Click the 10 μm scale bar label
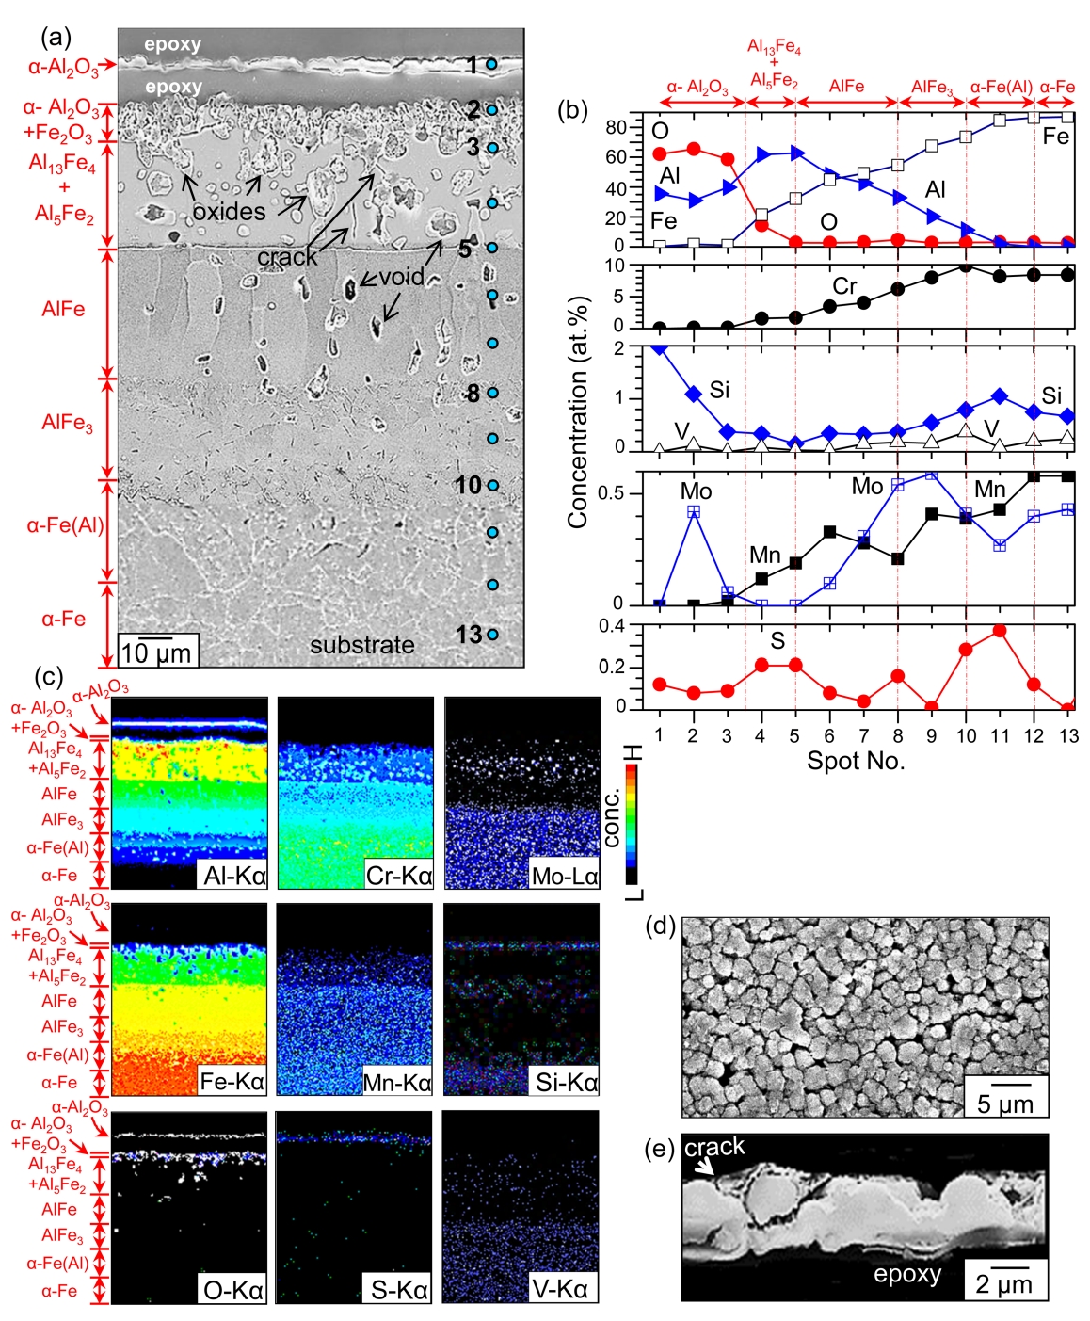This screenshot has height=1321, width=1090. coord(157,652)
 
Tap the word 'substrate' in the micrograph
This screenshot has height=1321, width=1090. coord(362,645)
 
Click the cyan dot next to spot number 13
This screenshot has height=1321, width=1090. coord(492,635)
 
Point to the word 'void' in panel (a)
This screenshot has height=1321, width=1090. coord(401,277)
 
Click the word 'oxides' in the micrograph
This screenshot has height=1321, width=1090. coord(229,212)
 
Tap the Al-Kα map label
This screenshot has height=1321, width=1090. coord(234,876)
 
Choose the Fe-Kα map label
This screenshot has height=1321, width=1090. coord(232,1081)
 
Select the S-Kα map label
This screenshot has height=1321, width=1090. coord(398,1289)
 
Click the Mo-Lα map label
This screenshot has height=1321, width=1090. coord(564,876)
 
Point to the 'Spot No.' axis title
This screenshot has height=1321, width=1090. coord(856,761)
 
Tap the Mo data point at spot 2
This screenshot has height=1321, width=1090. coord(694,511)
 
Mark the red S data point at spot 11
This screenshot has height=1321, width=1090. coord(1000,631)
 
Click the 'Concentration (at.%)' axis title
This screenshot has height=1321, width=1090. coord(577,411)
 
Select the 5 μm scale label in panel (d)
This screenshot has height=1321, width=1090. coord(1005,1103)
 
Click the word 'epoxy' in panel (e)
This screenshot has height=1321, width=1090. coord(906,1274)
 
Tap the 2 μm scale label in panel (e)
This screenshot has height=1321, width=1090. coord(1003,1284)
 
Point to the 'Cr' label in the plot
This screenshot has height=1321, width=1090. coord(844,285)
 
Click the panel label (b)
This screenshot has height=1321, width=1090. coord(572,110)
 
